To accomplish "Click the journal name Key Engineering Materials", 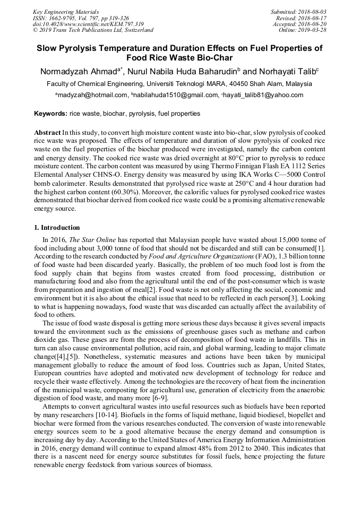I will tap(65, 11).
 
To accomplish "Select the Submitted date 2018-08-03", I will tap(313, 11).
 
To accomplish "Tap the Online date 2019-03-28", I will tap(313, 30).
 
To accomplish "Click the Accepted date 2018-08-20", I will tap(313, 24).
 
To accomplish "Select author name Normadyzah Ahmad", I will tap(79, 71).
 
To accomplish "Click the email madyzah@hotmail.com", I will tap(92, 96).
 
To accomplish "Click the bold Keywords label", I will tap(50, 114).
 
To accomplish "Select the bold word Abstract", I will tap(47, 132).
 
